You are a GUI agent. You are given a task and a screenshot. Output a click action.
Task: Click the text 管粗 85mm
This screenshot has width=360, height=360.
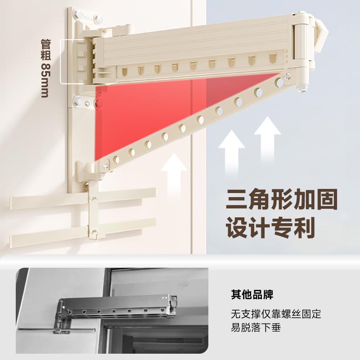pos(45,67)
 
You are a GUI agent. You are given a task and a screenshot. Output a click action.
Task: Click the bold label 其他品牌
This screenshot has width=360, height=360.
pos(252,295)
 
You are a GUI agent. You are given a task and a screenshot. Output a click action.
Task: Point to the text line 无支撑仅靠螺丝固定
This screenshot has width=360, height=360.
pos(276,314)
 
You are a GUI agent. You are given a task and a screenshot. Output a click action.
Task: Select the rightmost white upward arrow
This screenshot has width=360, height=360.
pos(270,135)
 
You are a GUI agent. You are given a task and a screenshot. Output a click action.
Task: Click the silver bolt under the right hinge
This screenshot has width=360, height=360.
pos(301,86)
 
